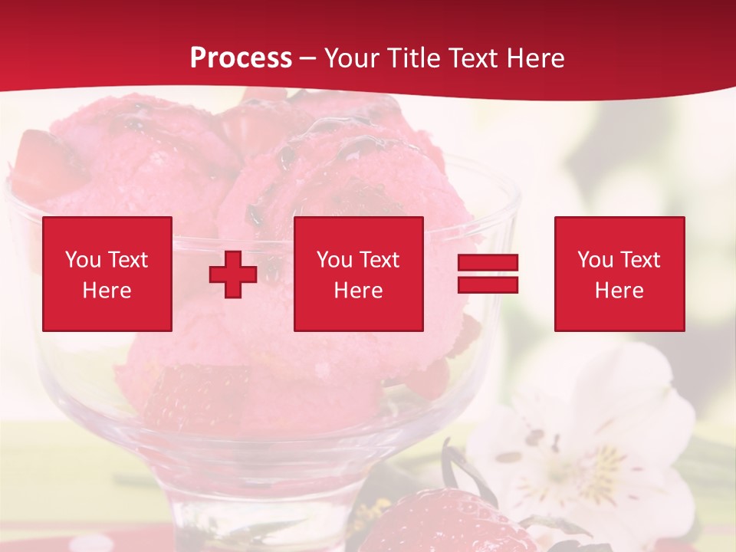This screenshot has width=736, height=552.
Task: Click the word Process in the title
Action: [241, 58]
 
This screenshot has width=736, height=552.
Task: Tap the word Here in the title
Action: [534, 58]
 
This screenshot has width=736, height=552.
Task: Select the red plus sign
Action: [233, 274]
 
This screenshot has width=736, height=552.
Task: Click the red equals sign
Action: [488, 274]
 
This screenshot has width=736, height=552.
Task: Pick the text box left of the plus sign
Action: [107, 274]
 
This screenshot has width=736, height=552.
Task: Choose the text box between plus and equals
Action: [359, 274]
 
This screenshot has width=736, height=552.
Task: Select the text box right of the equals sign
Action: [619, 274]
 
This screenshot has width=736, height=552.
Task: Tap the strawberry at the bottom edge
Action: [445, 525]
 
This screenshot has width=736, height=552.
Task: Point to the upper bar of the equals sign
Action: [488, 263]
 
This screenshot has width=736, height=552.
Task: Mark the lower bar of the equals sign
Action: [488, 285]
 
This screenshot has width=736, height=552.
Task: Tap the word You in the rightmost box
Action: [596, 260]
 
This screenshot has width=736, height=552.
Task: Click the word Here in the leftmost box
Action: [107, 291]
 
